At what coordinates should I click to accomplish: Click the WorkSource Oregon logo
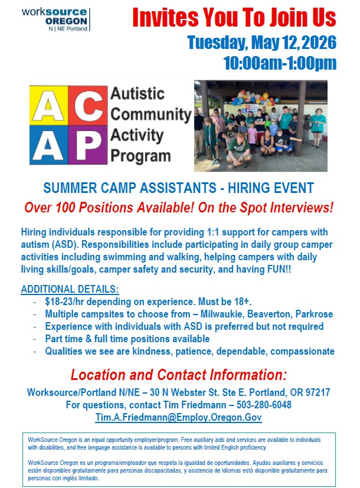pos(54,20)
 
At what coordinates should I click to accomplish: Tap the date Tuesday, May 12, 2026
pos(261,43)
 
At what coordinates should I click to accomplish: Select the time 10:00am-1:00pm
pos(280,63)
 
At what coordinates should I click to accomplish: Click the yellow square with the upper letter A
pos(50,106)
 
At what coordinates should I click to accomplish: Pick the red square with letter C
pos(89,106)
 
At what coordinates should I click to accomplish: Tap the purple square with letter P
pos(89,145)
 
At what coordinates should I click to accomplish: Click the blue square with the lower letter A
pos(50,145)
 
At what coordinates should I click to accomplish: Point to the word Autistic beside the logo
pos(138,94)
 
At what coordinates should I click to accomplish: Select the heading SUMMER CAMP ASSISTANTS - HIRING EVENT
pos(178,189)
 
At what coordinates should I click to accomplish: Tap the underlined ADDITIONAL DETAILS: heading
pos(70,289)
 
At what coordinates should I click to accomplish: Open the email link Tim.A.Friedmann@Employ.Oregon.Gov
pos(178,417)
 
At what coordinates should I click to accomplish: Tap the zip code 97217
pos(315,392)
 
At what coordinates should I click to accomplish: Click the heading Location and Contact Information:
pos(178,375)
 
